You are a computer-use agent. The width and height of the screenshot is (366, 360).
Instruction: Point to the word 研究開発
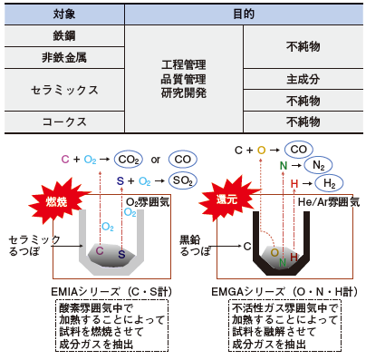[x=184, y=92]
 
